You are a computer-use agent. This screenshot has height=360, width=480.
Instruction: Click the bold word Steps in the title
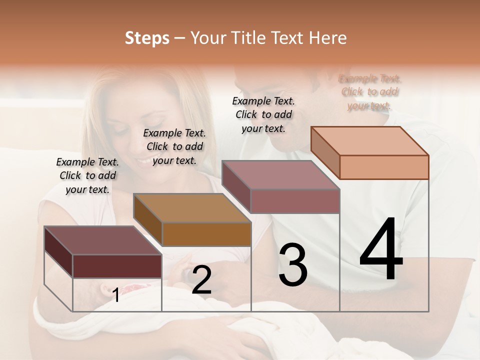pyautogui.click(x=147, y=38)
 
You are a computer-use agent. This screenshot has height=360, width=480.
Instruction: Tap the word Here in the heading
pyautogui.click(x=328, y=38)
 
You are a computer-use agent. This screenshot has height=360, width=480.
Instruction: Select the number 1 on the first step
pyautogui.click(x=116, y=295)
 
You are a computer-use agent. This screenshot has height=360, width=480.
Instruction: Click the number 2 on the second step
pyautogui.click(x=201, y=280)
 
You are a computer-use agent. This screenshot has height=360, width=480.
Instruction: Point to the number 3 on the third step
pyautogui.click(x=293, y=265)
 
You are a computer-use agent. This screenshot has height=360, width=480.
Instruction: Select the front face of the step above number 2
pyautogui.click(x=206, y=234)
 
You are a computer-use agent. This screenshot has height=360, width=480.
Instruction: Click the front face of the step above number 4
pyautogui.click(x=384, y=167)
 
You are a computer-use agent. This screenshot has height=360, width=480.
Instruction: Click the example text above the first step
pyautogui.click(x=87, y=175)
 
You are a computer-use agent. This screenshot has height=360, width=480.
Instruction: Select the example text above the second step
pyautogui.click(x=174, y=146)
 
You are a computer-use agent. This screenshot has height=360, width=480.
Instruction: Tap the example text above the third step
pyautogui.click(x=263, y=114)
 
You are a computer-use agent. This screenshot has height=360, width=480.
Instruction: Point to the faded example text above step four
pyautogui.click(x=370, y=92)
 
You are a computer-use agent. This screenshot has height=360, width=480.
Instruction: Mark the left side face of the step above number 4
pyautogui.click(x=325, y=152)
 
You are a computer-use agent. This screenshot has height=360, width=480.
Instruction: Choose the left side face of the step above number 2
pyautogui.click(x=147, y=220)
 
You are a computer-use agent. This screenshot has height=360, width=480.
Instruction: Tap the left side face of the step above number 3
pyautogui.click(x=236, y=186)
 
